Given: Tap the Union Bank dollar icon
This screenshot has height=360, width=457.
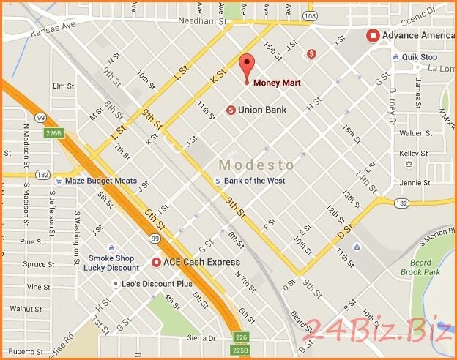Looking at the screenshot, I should click(231, 110).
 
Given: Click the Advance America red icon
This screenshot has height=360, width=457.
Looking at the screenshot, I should click(373, 35).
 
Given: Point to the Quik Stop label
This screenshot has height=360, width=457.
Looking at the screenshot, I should click(420, 57).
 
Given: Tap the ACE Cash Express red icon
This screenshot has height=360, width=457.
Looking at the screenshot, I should click(156, 262).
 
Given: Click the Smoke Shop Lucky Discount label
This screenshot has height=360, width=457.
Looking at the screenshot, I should click(114, 263).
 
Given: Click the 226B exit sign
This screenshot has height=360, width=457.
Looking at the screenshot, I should click(54, 133).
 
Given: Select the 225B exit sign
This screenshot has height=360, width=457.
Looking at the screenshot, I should click(241, 350).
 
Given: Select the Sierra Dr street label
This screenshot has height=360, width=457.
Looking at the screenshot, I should click(201, 339).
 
